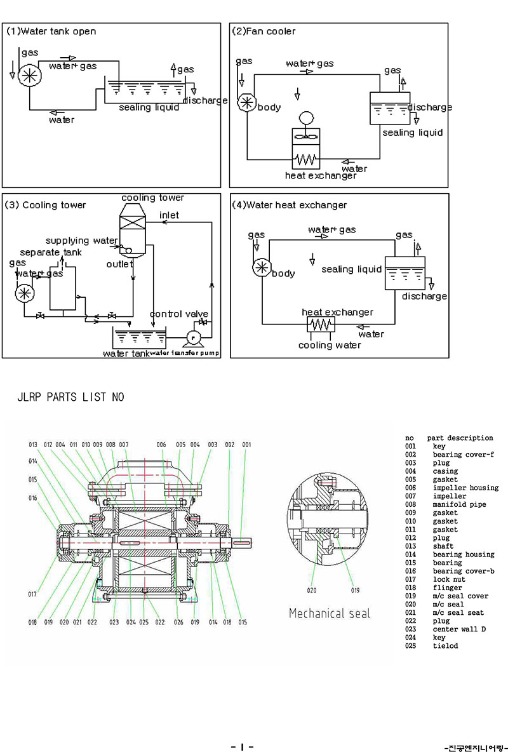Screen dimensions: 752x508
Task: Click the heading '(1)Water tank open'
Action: coord(51,31)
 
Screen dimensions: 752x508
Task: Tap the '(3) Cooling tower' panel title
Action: coord(45,205)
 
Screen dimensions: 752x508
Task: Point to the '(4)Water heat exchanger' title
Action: coord(290,205)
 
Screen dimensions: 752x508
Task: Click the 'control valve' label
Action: coord(179,314)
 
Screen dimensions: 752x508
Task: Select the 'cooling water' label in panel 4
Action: coord(330,345)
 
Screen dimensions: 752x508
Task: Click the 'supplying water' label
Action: coord(81,241)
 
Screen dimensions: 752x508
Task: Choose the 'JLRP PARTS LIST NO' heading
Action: coord(70,398)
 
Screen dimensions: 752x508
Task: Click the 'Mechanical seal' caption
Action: coord(329,614)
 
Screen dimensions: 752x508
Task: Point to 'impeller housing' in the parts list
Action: coord(465,488)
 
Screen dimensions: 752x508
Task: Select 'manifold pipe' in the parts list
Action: coord(458,504)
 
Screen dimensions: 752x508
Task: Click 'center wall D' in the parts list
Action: coord(458,629)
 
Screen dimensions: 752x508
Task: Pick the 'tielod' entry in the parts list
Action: coord(445,646)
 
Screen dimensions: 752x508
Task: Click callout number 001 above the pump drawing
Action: coord(246,445)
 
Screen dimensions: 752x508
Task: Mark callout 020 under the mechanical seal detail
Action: coord(311,590)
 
